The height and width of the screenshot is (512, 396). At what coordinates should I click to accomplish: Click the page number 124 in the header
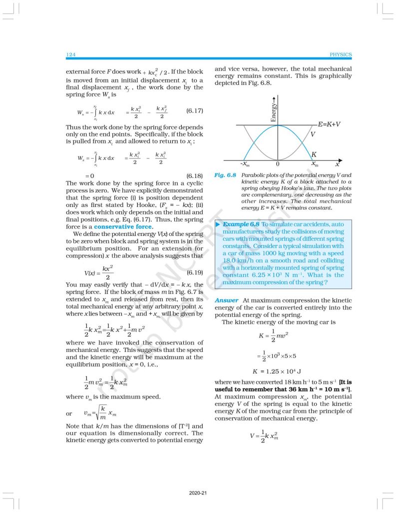pyautogui.click(x=70, y=54)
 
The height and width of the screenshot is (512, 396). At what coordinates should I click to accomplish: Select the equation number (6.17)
pyautogui.click(x=194, y=110)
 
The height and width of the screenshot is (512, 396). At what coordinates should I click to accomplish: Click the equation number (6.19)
pyautogui.click(x=194, y=272)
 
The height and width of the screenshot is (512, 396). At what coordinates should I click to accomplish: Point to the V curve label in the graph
pyautogui.click(x=313, y=134)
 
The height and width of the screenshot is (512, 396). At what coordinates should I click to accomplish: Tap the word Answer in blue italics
pyautogui.click(x=225, y=300)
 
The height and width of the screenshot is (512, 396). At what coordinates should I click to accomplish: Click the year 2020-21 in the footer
pyautogui.click(x=198, y=493)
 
